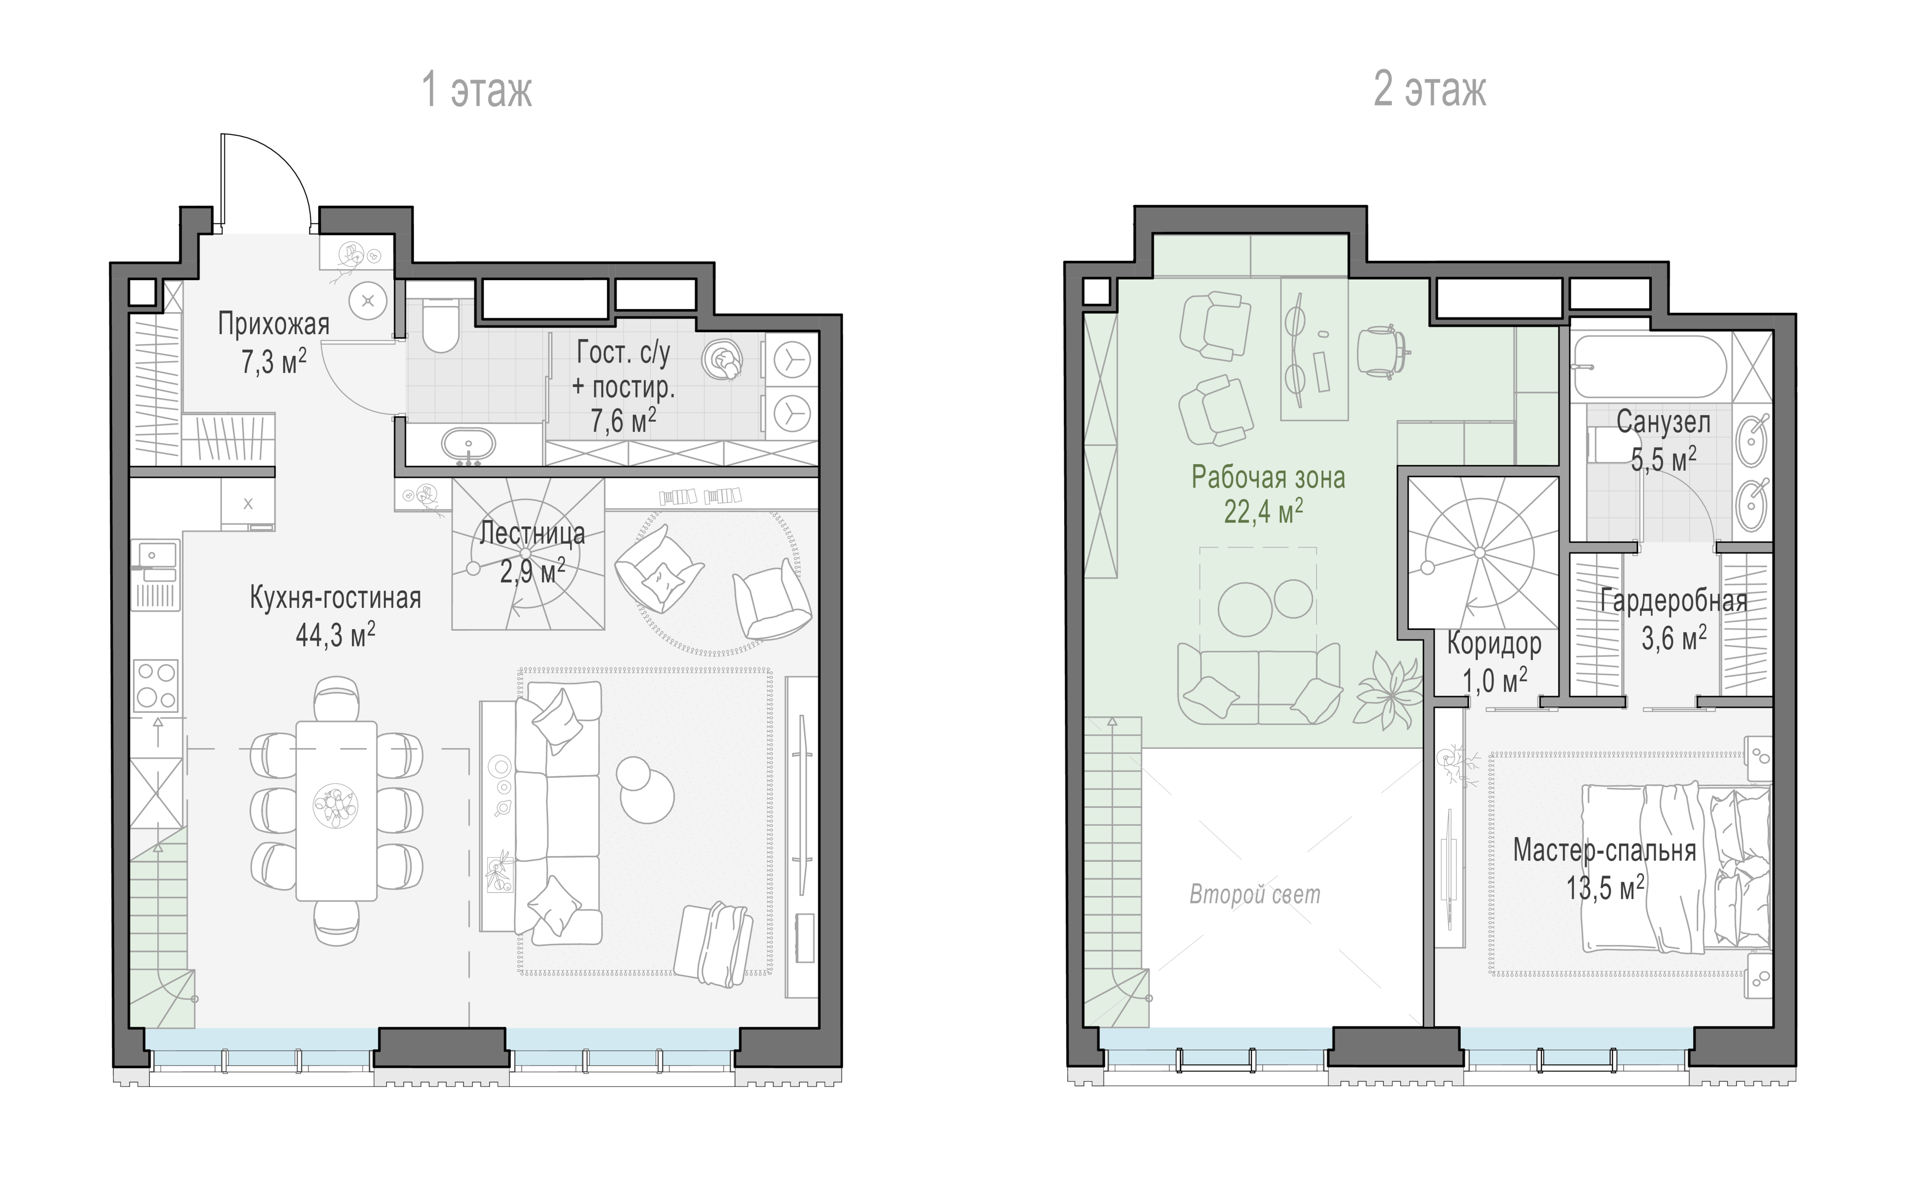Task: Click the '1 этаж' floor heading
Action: click(477, 90)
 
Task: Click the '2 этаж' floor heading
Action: click(1430, 90)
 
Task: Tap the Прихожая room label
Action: click(273, 324)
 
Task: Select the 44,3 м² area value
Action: click(335, 635)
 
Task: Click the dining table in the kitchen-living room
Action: click(336, 811)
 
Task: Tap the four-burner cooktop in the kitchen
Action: click(156, 686)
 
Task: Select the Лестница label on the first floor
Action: click(532, 533)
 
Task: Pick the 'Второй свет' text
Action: click(1255, 895)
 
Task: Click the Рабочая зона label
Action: click(1268, 477)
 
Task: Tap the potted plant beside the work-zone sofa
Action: click(1387, 689)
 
